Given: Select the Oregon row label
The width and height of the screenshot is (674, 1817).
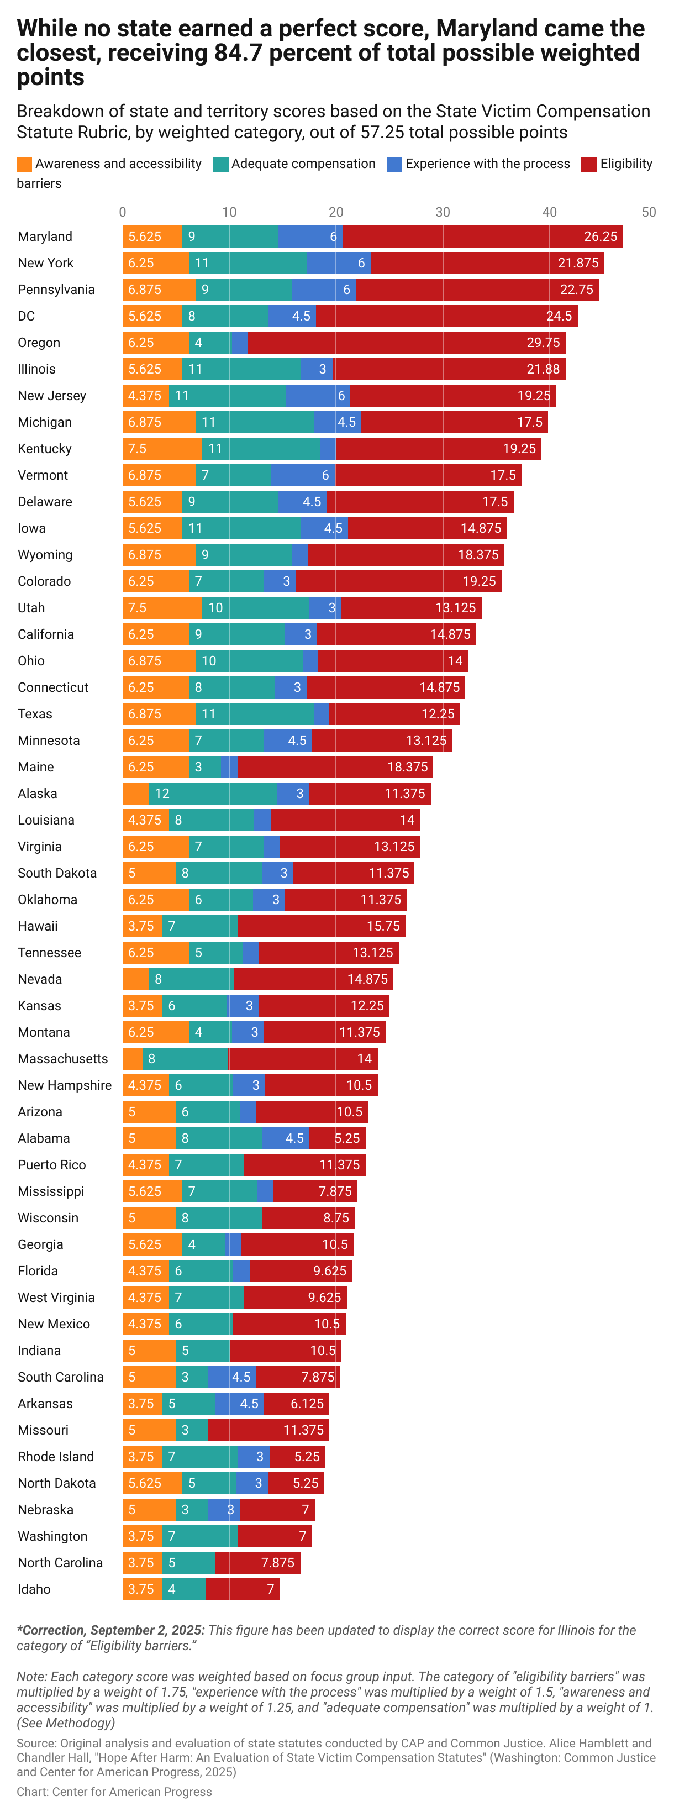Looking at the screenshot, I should (x=39, y=343).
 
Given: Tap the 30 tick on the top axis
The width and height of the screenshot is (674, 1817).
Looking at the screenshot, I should (x=442, y=212).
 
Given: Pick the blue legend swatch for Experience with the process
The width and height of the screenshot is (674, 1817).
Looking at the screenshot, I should (x=394, y=164).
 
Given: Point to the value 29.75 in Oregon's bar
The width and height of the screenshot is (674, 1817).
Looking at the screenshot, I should (x=543, y=343).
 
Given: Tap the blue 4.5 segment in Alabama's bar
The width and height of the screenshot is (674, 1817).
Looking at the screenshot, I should (x=285, y=1138).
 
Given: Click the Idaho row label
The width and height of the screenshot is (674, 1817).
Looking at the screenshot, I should (x=34, y=1589).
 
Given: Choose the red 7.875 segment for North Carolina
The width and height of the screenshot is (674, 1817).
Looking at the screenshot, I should (x=257, y=1562).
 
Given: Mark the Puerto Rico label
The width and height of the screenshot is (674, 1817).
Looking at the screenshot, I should (x=51, y=1165).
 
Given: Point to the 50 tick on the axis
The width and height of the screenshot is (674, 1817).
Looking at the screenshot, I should (x=648, y=212).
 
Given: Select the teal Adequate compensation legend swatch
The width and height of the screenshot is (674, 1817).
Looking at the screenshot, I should (x=220, y=164).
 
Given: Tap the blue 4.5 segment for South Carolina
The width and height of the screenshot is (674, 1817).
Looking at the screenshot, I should (x=231, y=1377).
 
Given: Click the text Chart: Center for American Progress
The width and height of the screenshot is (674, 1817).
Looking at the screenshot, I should (x=114, y=1792).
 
